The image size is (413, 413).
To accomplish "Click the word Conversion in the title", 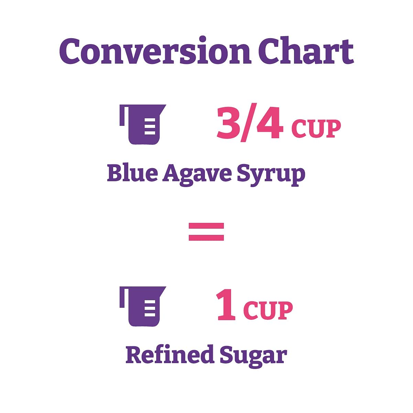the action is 155,50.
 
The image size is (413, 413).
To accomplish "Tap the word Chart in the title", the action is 306,50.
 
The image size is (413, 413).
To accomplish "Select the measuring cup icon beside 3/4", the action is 143,124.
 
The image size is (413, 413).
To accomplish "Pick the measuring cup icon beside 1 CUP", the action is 143,306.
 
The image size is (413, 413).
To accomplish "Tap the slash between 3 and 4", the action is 249,122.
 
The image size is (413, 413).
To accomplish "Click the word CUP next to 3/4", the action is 316,128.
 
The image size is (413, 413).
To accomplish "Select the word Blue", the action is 132,173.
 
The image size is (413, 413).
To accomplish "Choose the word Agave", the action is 197,175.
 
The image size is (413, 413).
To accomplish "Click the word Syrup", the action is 271,176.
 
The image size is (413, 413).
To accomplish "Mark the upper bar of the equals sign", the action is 206,226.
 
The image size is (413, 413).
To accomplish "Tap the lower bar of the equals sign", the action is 206,238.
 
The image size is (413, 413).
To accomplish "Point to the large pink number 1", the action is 226,305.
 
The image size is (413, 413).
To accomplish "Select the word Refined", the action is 170,354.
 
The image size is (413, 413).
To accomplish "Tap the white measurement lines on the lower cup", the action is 150,308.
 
